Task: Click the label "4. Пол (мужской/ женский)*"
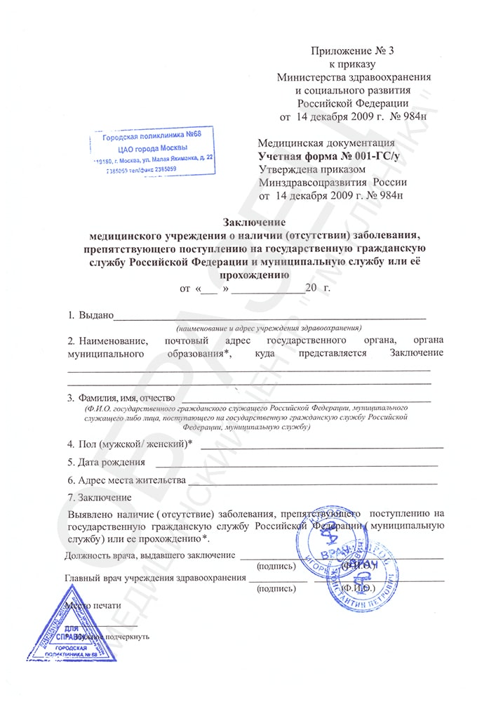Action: [130, 444]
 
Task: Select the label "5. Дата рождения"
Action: [107, 462]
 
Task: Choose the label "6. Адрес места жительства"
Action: [126, 480]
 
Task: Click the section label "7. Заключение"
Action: [99, 498]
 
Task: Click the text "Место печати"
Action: [92, 604]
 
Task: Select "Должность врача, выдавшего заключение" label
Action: [149, 555]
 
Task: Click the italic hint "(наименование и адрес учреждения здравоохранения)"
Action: [269, 328]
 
